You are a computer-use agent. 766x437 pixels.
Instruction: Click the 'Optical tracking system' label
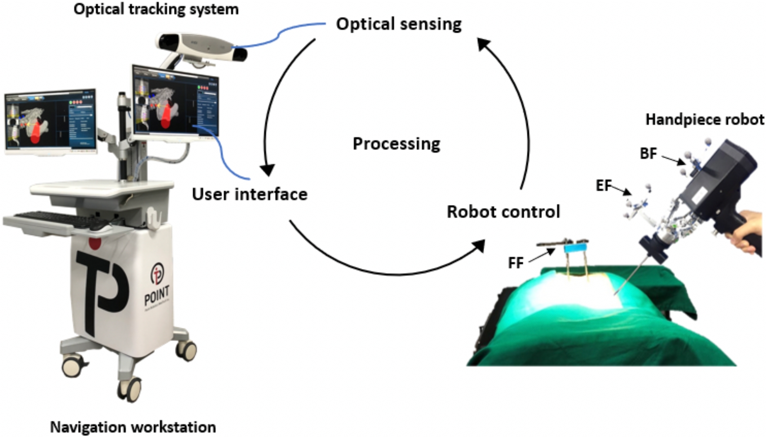(x=156, y=9)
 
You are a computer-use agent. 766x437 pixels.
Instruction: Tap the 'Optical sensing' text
(x=398, y=24)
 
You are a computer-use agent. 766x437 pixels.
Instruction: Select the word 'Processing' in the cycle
(x=396, y=144)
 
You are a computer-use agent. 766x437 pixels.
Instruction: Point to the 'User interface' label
(x=250, y=194)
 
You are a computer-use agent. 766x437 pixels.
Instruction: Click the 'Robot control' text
(x=503, y=212)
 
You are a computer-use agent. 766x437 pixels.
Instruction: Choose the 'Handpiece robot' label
(x=705, y=120)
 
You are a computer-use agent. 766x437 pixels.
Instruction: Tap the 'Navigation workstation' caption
(x=133, y=427)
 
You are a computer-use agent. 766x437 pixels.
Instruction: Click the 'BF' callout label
(x=648, y=154)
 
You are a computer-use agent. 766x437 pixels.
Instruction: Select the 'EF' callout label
(x=604, y=186)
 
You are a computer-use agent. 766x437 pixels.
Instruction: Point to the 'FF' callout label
(x=516, y=262)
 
